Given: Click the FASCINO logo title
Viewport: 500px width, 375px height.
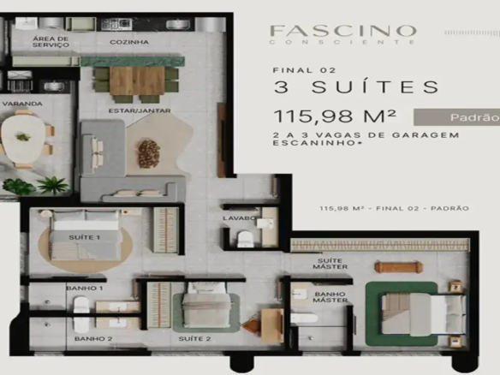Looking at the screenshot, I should point(342,31).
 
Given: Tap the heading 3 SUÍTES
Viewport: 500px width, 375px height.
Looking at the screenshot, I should point(356,86).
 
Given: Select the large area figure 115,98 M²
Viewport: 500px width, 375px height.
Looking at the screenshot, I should point(335,116).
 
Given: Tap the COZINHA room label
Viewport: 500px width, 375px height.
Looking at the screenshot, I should point(129,42).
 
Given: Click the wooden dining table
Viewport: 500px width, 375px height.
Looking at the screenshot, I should point(136,80).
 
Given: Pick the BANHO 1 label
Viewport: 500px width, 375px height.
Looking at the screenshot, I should point(85,289).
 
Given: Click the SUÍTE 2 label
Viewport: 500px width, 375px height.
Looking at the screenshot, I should point(195,340).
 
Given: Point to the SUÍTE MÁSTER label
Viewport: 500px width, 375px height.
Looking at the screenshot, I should point(330,265).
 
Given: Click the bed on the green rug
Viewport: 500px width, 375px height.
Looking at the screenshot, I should point(410,312).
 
